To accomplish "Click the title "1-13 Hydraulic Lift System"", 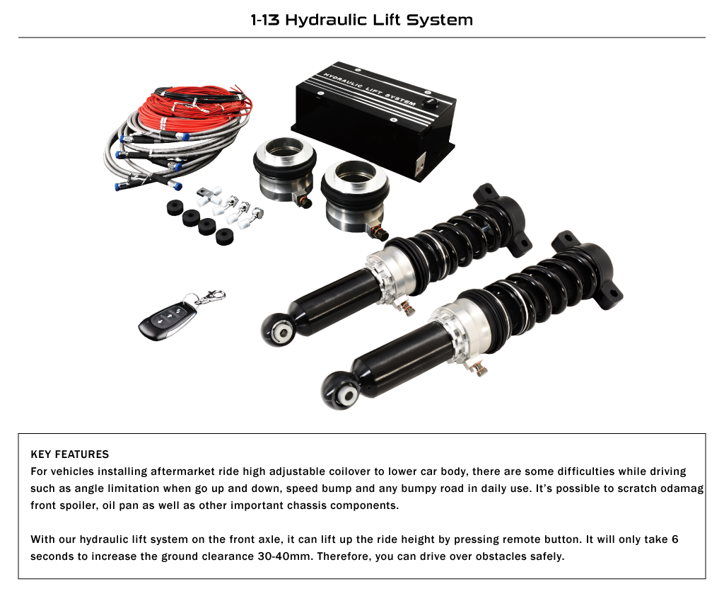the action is pyautogui.click(x=361, y=20).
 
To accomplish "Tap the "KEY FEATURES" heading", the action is pyautogui.click(x=70, y=454).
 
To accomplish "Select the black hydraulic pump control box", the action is pyautogui.click(x=374, y=121).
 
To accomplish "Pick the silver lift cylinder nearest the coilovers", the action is pyautogui.click(x=355, y=198).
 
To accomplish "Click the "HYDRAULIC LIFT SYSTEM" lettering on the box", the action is pyautogui.click(x=369, y=88).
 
